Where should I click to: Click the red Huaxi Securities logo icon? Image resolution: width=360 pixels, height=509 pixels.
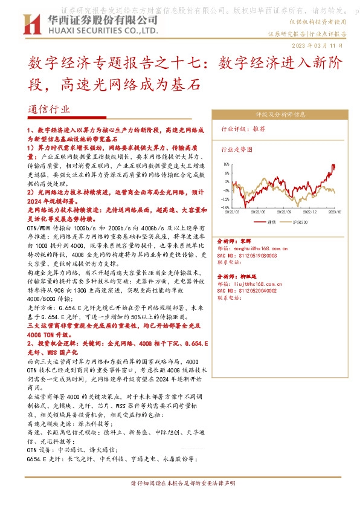click(27, 25)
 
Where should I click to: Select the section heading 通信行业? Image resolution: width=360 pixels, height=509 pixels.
click(49, 110)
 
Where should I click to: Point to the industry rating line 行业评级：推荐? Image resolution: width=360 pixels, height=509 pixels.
click(243, 129)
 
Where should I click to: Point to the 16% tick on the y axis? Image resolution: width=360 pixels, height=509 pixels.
click(226, 164)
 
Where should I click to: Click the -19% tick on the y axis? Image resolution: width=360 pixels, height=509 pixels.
click(225, 207)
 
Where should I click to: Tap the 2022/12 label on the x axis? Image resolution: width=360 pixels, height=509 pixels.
click(310, 213)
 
